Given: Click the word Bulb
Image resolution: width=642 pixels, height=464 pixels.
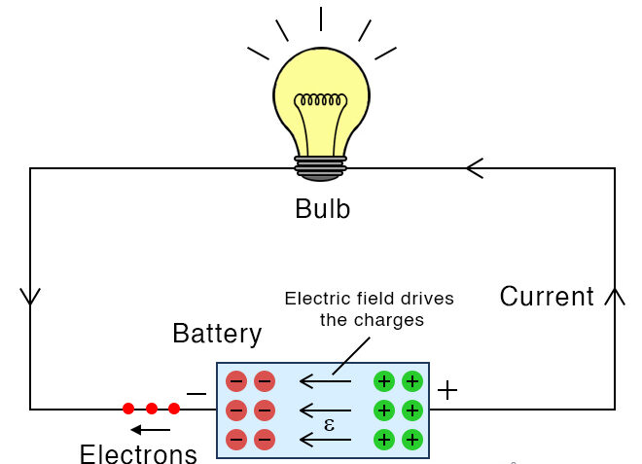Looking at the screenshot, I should pyautogui.click(x=322, y=208).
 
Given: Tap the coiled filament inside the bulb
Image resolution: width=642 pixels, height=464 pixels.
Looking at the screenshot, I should pyautogui.click(x=321, y=100).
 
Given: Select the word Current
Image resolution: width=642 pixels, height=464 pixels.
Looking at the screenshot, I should pyautogui.click(x=547, y=297).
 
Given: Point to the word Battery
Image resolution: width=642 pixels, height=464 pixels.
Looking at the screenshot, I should pyautogui.click(x=217, y=334).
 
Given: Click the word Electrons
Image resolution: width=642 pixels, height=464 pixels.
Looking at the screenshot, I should pyautogui.click(x=138, y=453).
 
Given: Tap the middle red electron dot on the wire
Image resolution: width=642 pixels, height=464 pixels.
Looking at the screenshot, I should pyautogui.click(x=152, y=409).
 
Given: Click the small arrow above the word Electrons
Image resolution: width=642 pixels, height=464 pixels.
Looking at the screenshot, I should pyautogui.click(x=151, y=430).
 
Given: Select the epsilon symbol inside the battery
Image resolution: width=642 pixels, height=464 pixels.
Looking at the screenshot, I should pyautogui.click(x=330, y=425).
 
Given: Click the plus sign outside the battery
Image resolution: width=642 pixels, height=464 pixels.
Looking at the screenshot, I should pyautogui.click(x=446, y=391).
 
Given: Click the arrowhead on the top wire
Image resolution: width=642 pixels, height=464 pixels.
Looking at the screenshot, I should pyautogui.click(x=475, y=168).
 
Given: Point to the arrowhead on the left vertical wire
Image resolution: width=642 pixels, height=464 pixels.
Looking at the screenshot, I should pyautogui.click(x=30, y=296).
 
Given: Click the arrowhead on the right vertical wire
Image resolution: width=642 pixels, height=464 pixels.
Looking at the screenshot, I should pyautogui.click(x=615, y=296).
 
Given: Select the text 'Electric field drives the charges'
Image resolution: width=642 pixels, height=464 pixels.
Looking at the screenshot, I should pyautogui.click(x=369, y=307).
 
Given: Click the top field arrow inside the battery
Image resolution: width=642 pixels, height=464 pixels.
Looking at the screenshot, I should pyautogui.click(x=324, y=381).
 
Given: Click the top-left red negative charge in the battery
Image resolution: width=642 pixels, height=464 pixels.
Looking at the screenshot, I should pyautogui.click(x=236, y=381).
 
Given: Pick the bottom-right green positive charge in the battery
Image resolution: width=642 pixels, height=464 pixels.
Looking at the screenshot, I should pyautogui.click(x=412, y=440).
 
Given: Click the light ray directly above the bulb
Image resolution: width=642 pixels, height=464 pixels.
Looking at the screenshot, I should pyautogui.click(x=321, y=18).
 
